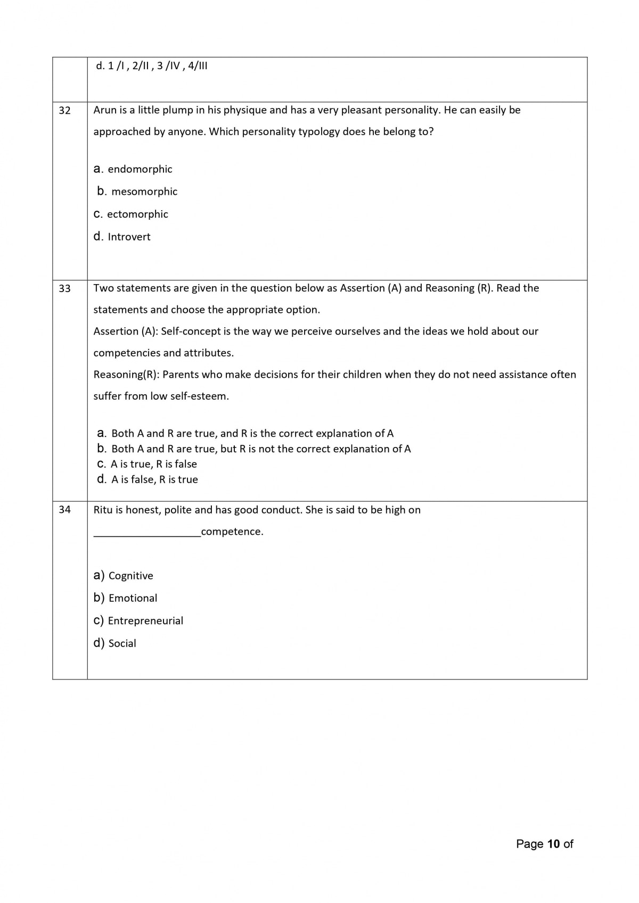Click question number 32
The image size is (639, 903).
click(x=64, y=111)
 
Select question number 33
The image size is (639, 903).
click(x=64, y=288)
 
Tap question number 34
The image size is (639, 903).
click(x=64, y=510)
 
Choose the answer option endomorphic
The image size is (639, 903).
click(x=140, y=169)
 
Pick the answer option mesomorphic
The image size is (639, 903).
click(x=144, y=192)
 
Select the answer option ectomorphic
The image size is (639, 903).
click(x=137, y=214)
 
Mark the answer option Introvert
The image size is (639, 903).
click(x=129, y=237)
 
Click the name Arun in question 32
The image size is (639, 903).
click(x=105, y=110)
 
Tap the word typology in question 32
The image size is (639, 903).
click(x=318, y=131)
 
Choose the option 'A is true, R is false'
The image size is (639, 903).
click(x=153, y=464)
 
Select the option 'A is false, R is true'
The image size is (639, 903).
click(x=154, y=479)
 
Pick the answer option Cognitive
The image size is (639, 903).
click(x=130, y=576)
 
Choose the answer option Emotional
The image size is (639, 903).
click(x=133, y=598)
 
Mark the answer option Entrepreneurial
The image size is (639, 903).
click(x=145, y=621)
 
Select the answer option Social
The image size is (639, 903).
click(x=122, y=643)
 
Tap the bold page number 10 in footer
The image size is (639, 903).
click(x=553, y=844)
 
